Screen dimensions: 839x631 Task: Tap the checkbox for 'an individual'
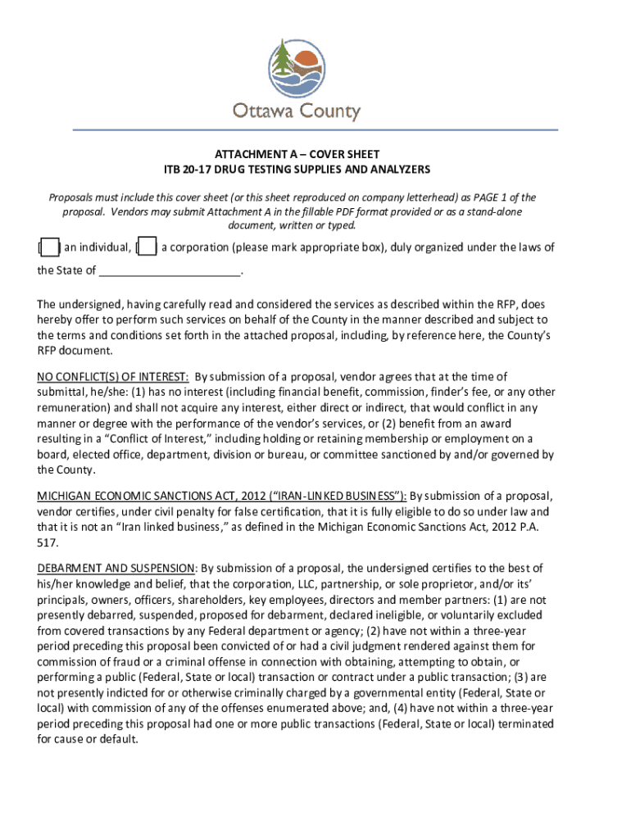coord(48,247)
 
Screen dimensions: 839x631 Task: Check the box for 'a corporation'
coord(148,247)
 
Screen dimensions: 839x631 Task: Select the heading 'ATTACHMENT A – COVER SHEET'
coord(297,154)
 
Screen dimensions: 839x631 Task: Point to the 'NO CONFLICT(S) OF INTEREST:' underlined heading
coord(113,377)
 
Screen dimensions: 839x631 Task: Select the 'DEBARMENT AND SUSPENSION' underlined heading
coord(116,568)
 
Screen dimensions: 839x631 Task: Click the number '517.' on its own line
coord(48,542)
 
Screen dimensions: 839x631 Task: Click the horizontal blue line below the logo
coord(315,129)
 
